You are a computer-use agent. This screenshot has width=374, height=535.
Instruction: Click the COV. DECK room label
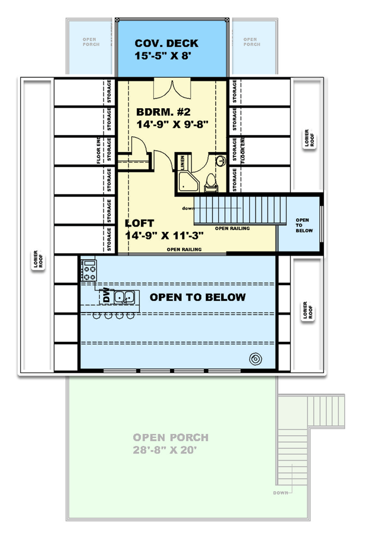[166, 43]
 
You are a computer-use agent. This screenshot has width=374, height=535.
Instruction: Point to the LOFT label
[140, 224]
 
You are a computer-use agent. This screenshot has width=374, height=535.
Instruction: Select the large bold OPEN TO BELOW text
[197, 297]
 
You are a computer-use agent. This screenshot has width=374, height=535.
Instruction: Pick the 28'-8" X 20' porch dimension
[171, 450]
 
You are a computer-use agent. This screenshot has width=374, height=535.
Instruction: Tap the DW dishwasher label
[106, 295]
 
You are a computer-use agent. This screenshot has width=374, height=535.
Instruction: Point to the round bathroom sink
[219, 160]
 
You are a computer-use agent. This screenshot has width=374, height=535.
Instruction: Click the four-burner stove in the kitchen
[89, 271]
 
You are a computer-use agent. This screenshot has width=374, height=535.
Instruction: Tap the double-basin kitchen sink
[124, 297]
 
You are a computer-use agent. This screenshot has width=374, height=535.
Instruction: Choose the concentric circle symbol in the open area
[256, 358]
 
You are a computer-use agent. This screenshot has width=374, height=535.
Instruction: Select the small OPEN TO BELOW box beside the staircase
[302, 225]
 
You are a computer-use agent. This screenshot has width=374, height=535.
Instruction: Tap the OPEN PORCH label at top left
[90, 42]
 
